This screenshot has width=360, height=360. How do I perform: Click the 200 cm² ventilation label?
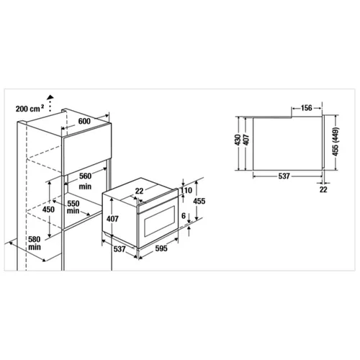click(30, 109)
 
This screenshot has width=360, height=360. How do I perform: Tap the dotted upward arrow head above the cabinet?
click(50, 97)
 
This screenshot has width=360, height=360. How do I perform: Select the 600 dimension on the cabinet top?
click(84, 121)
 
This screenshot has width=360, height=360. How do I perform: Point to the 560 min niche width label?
click(85, 181)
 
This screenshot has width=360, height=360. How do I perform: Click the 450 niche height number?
click(48, 210)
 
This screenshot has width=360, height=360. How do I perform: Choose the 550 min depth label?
click(73, 207)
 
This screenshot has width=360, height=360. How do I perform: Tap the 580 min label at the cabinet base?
click(35, 243)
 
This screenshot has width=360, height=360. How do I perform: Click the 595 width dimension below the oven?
click(161, 248)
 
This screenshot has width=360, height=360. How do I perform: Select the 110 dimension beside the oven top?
click(186, 191)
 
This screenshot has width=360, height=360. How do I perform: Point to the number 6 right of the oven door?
click(184, 216)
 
